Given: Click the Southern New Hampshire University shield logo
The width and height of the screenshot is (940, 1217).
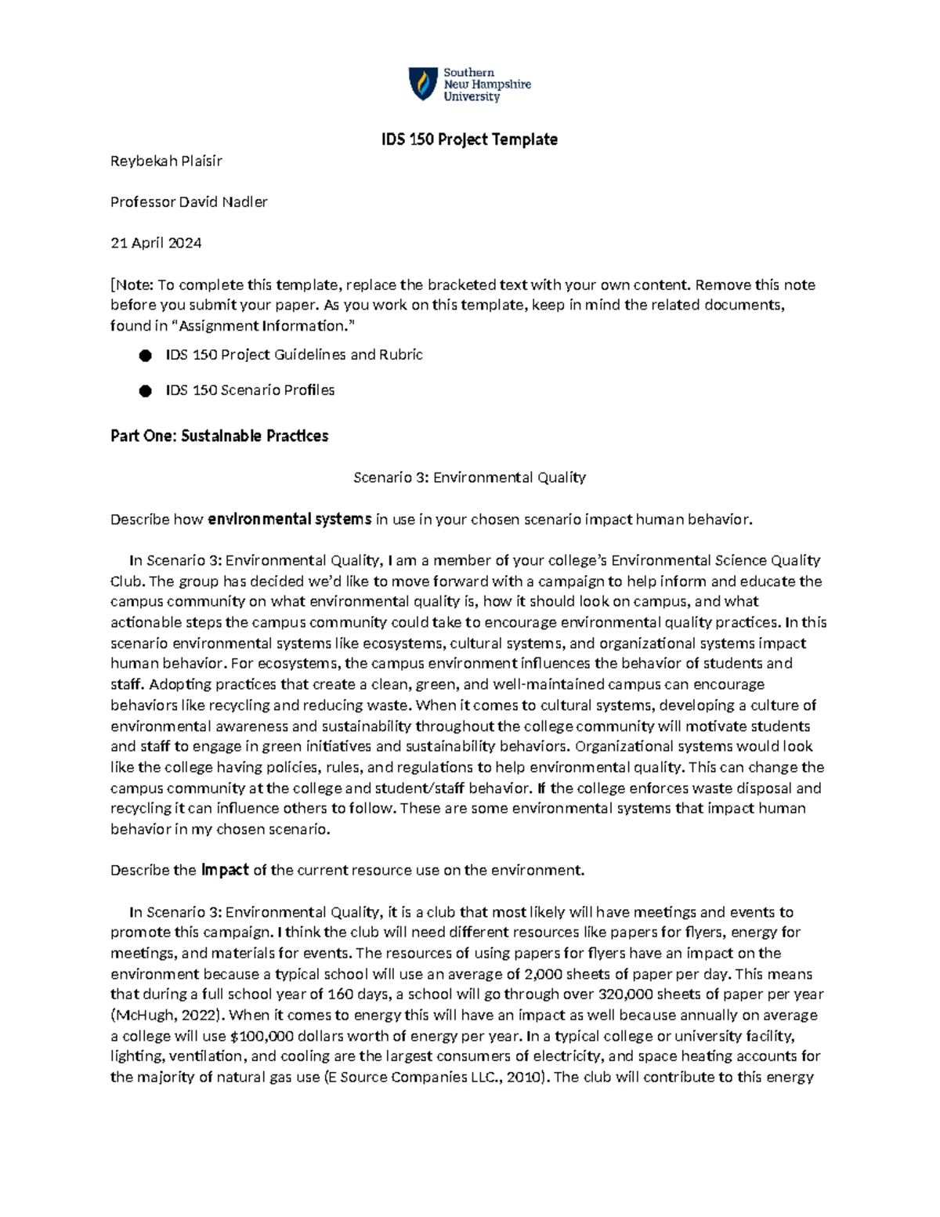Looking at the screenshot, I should click(424, 84).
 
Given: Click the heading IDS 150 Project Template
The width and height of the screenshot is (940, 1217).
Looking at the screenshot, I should click(469, 139).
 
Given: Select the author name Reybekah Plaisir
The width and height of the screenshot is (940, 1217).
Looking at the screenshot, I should click(166, 161).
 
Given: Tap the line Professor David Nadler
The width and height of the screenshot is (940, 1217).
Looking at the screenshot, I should click(189, 202).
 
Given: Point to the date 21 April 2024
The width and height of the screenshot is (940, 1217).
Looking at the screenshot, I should click(156, 243).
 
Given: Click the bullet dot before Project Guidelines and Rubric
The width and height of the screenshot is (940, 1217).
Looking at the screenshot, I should click(145, 356).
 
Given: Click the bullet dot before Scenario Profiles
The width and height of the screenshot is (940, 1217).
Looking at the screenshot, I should click(145, 391).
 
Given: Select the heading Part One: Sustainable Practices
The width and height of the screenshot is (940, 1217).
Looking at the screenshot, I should click(219, 436).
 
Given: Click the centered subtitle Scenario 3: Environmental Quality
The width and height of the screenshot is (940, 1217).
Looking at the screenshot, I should click(469, 477).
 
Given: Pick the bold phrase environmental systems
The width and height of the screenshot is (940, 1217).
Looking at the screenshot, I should click(289, 519).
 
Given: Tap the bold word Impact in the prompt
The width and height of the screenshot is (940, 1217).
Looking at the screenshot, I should click(225, 870).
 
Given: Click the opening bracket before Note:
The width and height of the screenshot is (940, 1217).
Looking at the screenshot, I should click(113, 284).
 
